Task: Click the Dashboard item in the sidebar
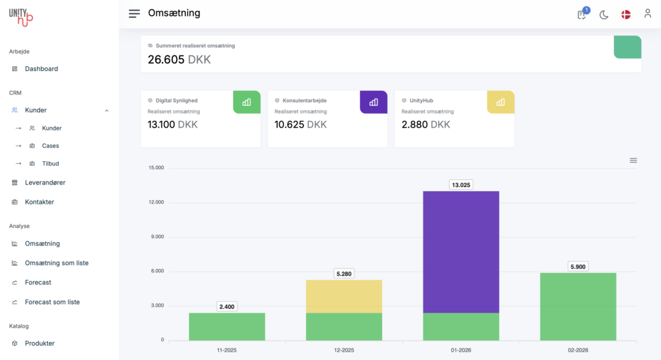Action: pyautogui.click(x=41, y=69)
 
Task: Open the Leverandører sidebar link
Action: pyautogui.click(x=45, y=183)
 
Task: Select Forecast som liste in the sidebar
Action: pyautogui.click(x=52, y=302)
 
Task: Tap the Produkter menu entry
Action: pyautogui.click(x=39, y=343)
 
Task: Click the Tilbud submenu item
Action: pyautogui.click(x=50, y=164)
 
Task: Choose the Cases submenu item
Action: pyautogui.click(x=50, y=146)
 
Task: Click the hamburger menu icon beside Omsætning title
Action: pyautogui.click(x=134, y=14)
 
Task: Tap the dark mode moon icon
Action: pyautogui.click(x=604, y=14)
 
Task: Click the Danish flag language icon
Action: pyautogui.click(x=625, y=14)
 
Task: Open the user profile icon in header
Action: pyautogui.click(x=647, y=14)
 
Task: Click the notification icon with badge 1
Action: pyautogui.click(x=582, y=14)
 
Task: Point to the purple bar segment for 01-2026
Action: pyautogui.click(x=461, y=252)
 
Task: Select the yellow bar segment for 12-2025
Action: pyautogui.click(x=344, y=296)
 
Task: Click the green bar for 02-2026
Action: pyautogui.click(x=578, y=306)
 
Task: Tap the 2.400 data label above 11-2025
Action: pyautogui.click(x=227, y=306)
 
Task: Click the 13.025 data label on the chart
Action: pyautogui.click(x=461, y=185)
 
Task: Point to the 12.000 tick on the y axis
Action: pyautogui.click(x=156, y=203)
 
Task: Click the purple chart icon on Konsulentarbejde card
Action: pyautogui.click(x=373, y=102)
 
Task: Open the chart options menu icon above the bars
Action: pyautogui.click(x=633, y=160)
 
